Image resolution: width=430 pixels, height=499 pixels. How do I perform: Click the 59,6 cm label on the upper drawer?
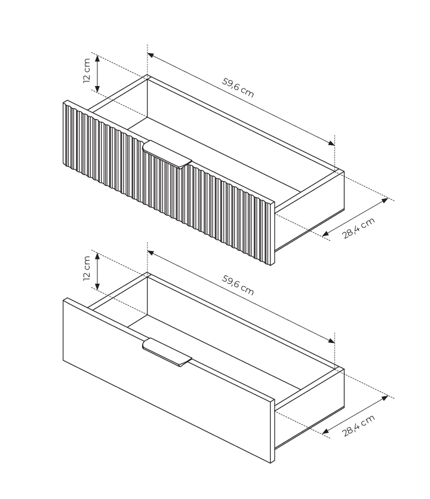(x=238, y=87)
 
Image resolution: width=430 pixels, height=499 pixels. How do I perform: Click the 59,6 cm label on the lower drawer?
(x=238, y=285)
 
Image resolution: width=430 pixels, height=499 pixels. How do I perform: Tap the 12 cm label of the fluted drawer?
(x=87, y=71)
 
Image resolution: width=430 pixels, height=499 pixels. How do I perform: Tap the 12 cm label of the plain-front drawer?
(x=87, y=268)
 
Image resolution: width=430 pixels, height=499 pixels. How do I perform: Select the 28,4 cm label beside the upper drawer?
(x=358, y=228)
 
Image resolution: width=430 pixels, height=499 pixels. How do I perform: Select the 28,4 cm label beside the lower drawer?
(x=358, y=426)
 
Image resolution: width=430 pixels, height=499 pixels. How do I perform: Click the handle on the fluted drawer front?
(x=167, y=154)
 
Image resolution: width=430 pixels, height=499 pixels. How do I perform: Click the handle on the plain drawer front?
(x=167, y=353)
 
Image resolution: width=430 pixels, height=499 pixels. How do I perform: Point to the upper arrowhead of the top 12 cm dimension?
(x=97, y=59)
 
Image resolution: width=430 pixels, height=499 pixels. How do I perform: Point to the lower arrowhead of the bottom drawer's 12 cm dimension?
(x=97, y=286)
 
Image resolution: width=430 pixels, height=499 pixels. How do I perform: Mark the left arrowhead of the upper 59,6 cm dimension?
(x=150, y=55)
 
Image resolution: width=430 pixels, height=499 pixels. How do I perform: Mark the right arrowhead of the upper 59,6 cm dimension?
(x=331, y=143)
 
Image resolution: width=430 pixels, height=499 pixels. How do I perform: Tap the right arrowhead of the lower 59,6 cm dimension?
(x=331, y=341)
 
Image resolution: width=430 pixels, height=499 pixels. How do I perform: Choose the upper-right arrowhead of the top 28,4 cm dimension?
(x=385, y=200)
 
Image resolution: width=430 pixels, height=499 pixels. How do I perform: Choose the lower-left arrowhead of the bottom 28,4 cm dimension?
(x=325, y=431)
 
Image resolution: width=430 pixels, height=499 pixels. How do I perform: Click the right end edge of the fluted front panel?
(x=272, y=233)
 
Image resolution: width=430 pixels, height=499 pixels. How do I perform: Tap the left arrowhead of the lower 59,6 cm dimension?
(x=150, y=253)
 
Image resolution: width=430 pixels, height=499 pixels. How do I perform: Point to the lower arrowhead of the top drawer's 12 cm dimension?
(x=97, y=89)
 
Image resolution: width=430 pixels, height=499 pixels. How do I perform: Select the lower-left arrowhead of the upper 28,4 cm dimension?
(x=325, y=234)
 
